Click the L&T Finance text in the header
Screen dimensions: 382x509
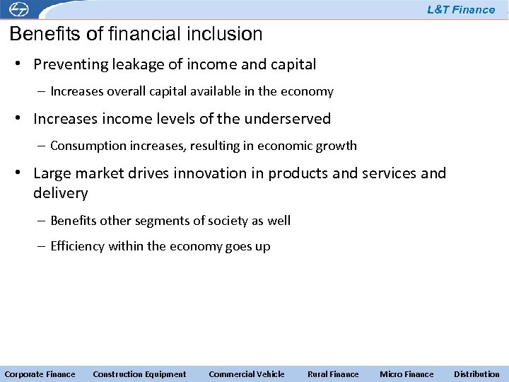click(461, 10)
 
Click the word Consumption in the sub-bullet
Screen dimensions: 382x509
click(83, 146)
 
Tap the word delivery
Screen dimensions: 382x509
click(60, 192)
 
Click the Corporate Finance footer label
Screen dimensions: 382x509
click(40, 374)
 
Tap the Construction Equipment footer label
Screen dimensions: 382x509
click(139, 374)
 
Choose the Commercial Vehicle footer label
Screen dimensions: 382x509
click(247, 374)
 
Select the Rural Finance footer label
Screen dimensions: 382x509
click(333, 374)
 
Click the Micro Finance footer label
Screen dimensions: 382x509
click(406, 374)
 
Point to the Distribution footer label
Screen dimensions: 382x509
click(476, 374)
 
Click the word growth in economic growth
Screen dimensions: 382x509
click(339, 146)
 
